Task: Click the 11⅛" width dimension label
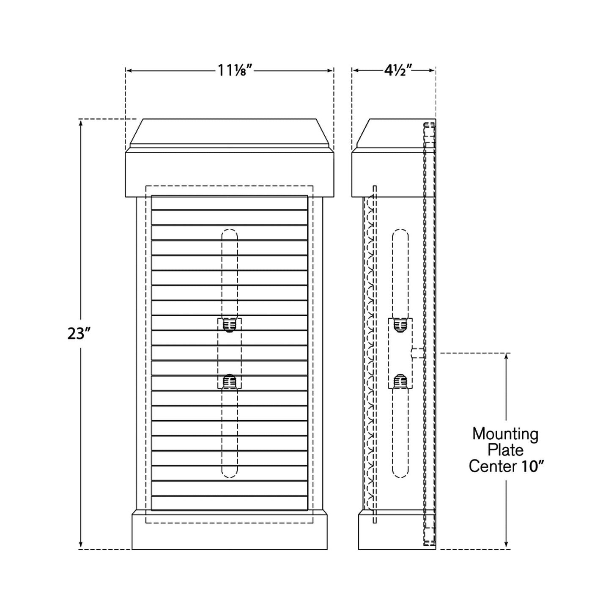point(235,70)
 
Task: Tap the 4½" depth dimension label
point(395,70)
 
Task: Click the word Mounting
point(505,434)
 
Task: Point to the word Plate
point(505,450)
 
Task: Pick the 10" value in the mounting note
point(532,466)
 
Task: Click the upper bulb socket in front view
point(230,325)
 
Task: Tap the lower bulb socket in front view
point(230,382)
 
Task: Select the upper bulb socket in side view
point(400,325)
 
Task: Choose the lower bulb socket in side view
point(400,382)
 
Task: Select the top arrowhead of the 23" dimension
point(80,123)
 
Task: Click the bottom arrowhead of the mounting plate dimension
point(506,545)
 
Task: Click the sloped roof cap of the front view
point(230,132)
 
